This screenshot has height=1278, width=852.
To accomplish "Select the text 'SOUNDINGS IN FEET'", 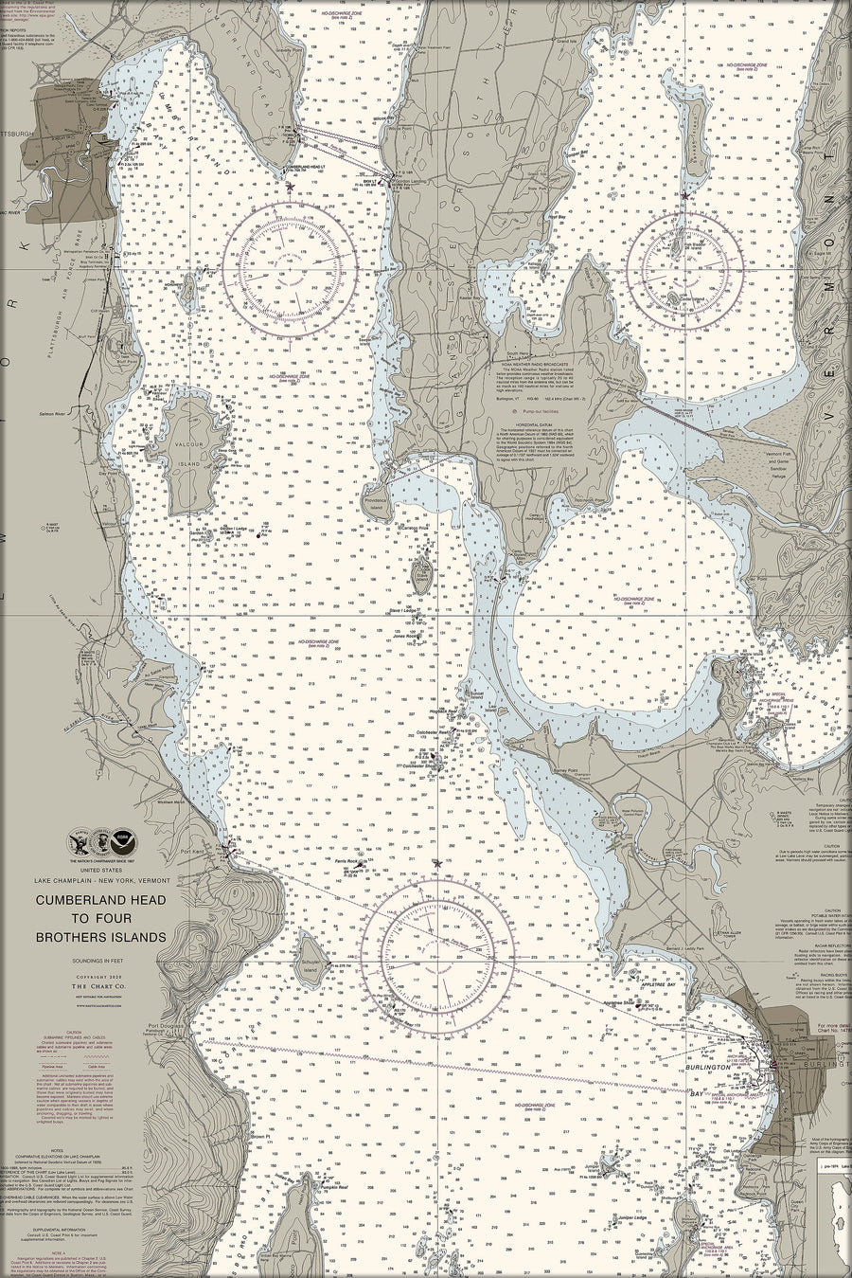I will tap(101, 960).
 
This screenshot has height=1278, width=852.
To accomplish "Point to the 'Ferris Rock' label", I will tap(346, 861).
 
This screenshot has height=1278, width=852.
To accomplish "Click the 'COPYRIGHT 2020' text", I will tap(101, 976).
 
